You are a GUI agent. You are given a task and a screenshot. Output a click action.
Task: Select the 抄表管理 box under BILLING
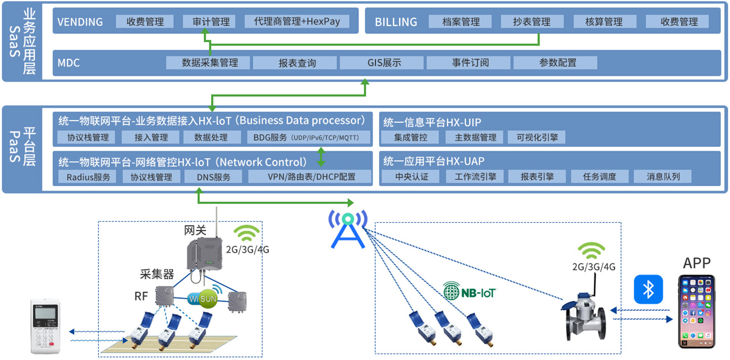point(532,21)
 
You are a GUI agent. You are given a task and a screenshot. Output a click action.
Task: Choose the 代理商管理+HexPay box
point(297,21)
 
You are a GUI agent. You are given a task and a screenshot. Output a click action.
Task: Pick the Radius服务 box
point(87,177)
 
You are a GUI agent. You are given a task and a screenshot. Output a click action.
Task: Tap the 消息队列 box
point(663,176)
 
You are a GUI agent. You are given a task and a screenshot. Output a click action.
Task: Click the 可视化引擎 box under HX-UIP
point(536,137)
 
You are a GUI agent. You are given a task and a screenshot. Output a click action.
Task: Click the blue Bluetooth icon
point(648,289)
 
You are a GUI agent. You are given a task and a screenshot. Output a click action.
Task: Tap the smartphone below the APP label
point(697,312)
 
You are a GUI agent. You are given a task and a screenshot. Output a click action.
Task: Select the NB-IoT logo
point(469,291)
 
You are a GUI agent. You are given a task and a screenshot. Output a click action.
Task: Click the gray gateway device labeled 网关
point(204,254)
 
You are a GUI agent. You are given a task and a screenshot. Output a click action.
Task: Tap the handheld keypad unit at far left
point(46,326)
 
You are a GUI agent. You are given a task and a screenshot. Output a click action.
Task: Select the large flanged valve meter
point(583,316)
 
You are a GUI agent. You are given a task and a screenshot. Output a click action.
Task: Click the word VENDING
point(80,22)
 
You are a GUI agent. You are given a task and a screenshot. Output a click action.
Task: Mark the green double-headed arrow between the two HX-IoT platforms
point(321,157)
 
